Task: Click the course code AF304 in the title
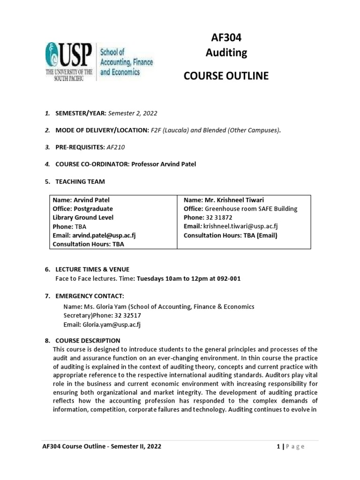pyautogui.click(x=226, y=38)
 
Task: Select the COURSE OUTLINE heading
pyautogui.click(x=226, y=76)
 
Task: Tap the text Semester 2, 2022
pyautogui.click(x=133, y=113)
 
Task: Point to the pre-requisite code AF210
pyautogui.click(x=116, y=147)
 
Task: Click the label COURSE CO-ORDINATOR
pyautogui.click(x=92, y=164)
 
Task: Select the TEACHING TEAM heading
pyautogui.click(x=80, y=181)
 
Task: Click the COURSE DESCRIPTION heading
pyautogui.click(x=88, y=340)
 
